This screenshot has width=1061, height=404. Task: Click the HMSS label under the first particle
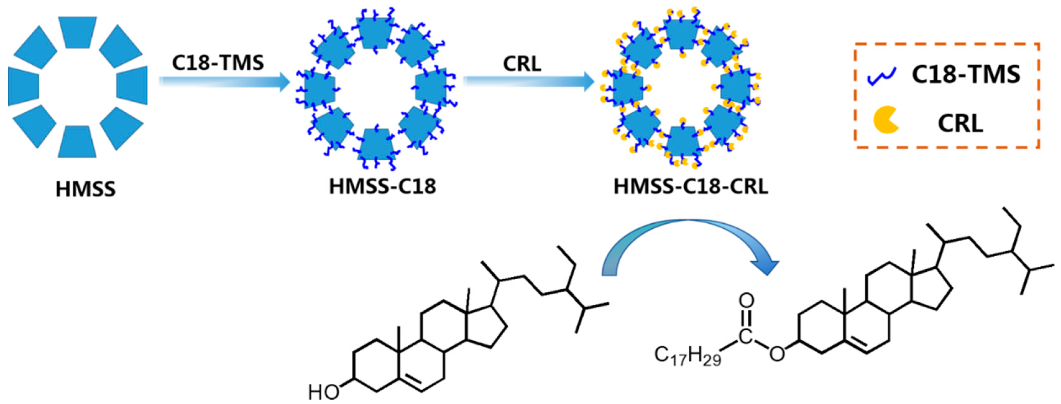tap(86, 189)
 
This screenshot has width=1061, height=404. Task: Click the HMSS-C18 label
tap(382, 186)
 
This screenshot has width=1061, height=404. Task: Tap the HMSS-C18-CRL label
tap(691, 186)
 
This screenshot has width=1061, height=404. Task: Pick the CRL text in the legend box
tap(960, 123)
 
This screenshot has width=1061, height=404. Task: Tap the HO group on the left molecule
tap(324, 392)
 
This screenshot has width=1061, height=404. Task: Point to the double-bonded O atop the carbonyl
tap(746, 300)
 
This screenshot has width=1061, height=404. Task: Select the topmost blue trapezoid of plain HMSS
tap(77, 32)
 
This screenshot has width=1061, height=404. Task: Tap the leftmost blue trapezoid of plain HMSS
tap(24, 86)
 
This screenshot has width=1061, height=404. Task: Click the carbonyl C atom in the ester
tap(746, 336)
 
